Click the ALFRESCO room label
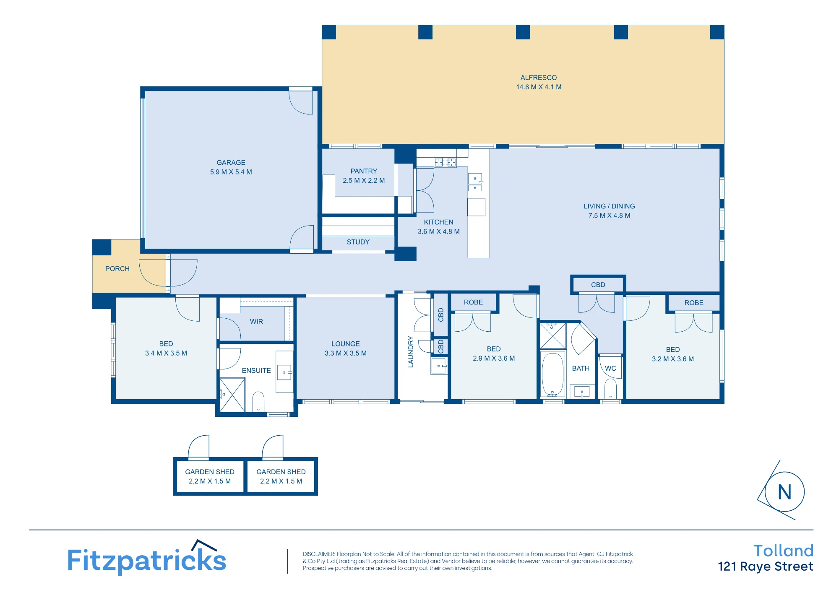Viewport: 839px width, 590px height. [539, 78]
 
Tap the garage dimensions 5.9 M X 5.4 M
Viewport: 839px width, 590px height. [231, 172]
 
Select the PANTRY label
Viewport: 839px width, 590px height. [364, 171]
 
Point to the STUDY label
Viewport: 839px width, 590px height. [358, 242]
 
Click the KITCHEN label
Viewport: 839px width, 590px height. [439, 222]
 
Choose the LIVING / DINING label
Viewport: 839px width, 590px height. [610, 206]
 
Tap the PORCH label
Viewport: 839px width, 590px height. [117, 269]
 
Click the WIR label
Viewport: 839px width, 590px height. [257, 322]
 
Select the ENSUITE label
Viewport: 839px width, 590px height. [256, 371]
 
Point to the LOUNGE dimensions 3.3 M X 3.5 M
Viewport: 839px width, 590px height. [346, 353]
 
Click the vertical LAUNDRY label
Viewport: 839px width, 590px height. [411, 352]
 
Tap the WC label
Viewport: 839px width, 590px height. [611, 369]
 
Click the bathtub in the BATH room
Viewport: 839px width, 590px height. [552, 374]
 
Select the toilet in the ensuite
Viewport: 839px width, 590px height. [258, 402]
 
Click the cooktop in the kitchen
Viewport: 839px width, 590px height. [446, 162]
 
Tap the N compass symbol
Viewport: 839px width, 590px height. [784, 491]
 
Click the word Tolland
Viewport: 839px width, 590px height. [784, 551]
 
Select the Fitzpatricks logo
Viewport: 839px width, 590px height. [146, 558]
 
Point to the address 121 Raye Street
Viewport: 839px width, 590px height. [766, 567]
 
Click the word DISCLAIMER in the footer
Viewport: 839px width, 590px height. [319, 554]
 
